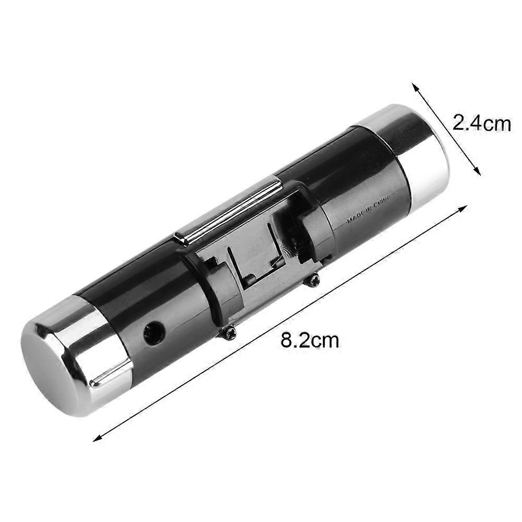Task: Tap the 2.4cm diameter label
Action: coord(481,124)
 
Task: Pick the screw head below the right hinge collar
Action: coord(313,281)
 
